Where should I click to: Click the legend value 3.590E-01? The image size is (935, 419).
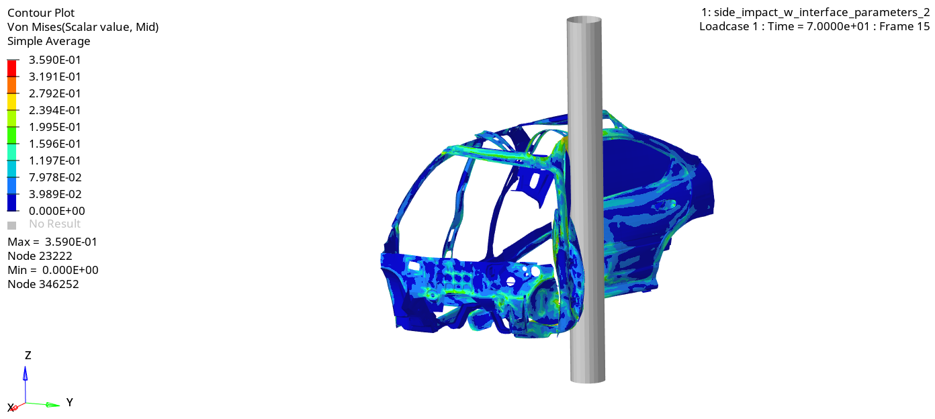(x=54, y=60)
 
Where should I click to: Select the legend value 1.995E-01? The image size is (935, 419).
(x=54, y=127)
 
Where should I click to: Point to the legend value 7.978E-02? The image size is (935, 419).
(x=54, y=177)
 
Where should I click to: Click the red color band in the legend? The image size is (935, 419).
(x=12, y=68)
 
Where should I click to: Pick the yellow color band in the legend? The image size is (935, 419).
(x=12, y=101)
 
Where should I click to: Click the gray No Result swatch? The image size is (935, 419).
(x=11, y=226)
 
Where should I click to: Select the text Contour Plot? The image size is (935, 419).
(x=41, y=13)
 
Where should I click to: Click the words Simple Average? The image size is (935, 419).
(x=48, y=41)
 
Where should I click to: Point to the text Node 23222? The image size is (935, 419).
(x=40, y=256)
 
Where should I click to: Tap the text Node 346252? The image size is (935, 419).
(x=43, y=284)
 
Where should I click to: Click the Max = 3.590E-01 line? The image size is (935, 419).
(x=52, y=242)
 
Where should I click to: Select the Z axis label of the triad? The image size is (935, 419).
(x=28, y=355)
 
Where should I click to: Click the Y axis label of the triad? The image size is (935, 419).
(x=69, y=402)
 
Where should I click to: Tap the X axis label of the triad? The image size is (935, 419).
(x=11, y=408)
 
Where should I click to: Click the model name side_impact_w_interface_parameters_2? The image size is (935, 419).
(x=815, y=13)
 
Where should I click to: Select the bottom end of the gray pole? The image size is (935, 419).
(x=588, y=379)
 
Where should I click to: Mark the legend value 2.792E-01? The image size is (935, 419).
(x=54, y=93)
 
